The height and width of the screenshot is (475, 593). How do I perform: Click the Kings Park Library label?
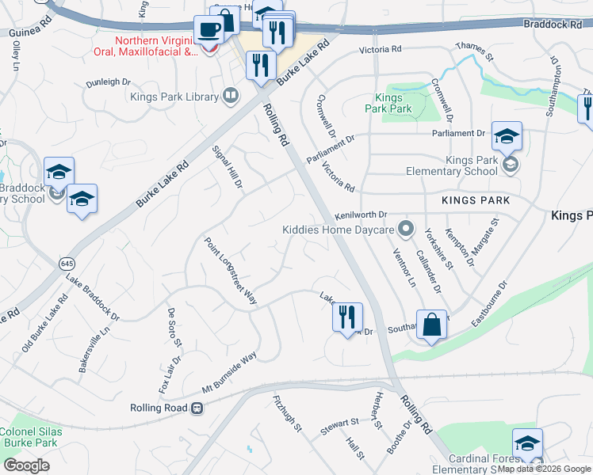click(174, 97)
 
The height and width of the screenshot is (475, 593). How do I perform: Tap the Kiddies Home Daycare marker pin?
click(407, 230)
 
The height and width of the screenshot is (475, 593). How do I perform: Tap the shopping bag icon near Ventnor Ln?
click(431, 325)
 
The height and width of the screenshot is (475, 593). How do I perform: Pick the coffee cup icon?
click(209, 30)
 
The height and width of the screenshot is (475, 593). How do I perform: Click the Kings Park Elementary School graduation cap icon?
click(507, 137)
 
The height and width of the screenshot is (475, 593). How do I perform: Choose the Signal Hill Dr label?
click(227, 167)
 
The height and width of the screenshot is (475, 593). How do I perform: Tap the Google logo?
click(27, 465)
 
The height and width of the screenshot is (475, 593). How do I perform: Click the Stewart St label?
click(339, 427)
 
